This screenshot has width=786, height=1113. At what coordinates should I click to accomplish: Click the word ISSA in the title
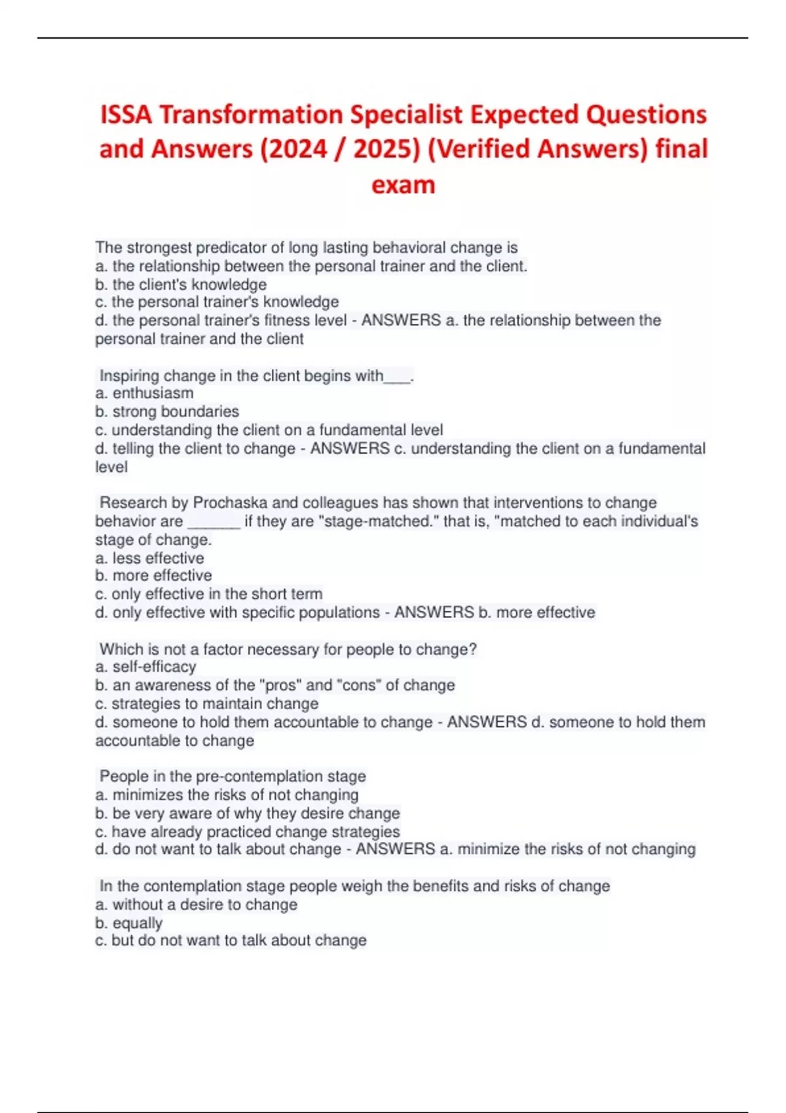126,115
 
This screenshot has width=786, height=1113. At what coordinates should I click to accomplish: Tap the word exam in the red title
403,185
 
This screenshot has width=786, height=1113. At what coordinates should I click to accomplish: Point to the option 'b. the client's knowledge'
181,285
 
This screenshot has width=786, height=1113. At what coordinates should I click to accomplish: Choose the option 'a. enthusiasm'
144,393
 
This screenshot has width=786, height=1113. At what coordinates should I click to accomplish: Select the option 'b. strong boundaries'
167,412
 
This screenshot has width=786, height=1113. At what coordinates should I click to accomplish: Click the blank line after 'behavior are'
214,522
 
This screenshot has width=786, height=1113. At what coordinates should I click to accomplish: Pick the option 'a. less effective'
149,558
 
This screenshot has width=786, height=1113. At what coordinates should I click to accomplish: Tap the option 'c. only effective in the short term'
209,594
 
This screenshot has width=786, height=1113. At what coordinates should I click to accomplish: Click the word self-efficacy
155,667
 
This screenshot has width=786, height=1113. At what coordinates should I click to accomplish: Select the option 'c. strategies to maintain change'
207,704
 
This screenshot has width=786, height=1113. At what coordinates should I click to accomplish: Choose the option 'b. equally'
129,923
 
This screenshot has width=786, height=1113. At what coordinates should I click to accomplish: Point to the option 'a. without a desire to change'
196,905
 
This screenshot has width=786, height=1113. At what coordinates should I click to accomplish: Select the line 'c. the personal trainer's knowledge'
217,302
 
